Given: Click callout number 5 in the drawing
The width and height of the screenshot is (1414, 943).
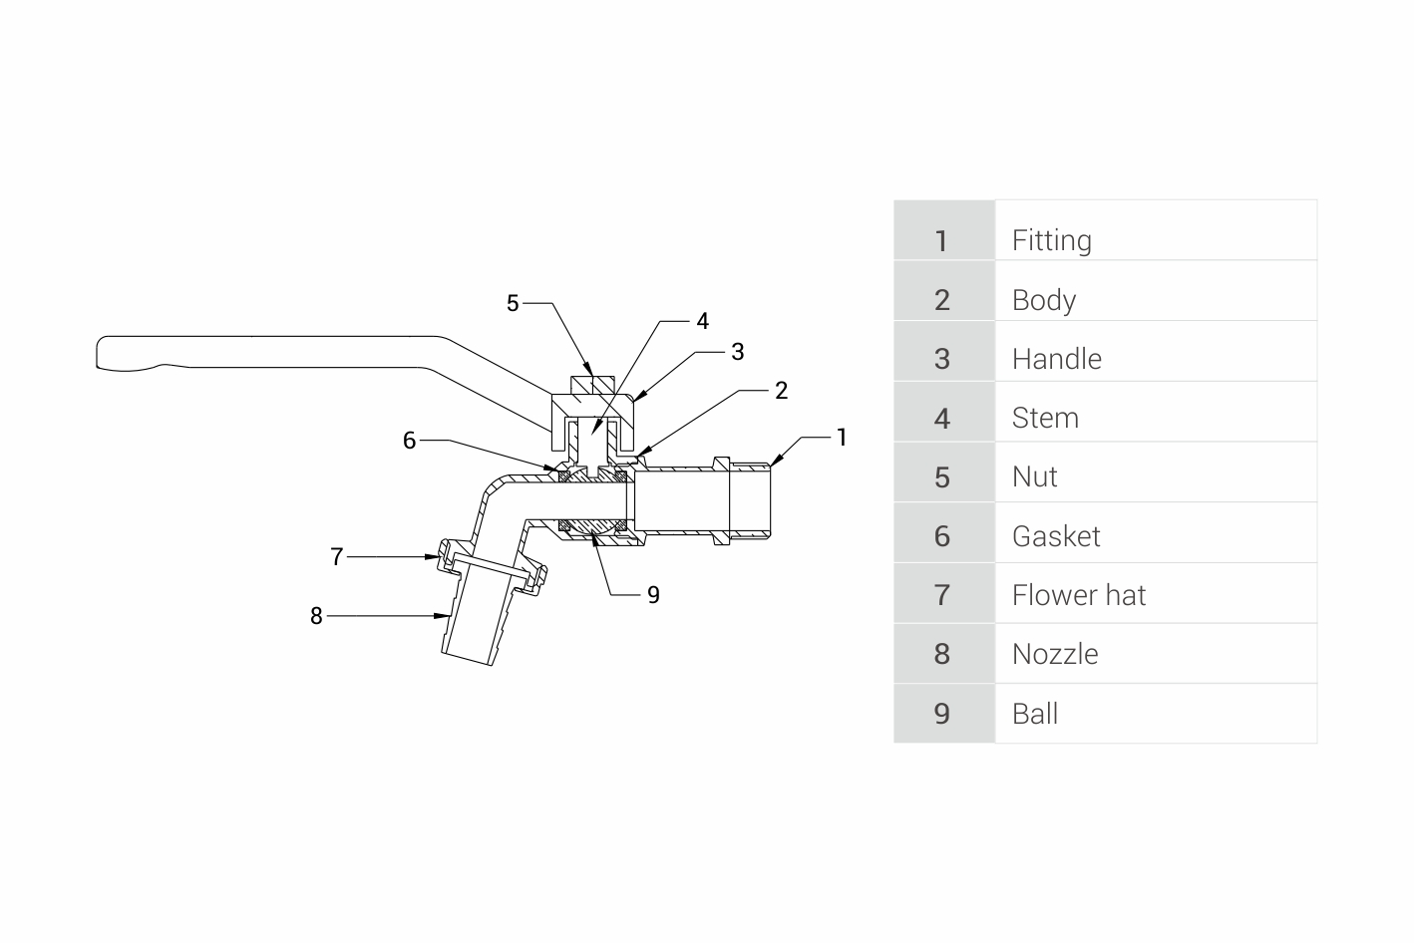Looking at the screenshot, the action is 513,304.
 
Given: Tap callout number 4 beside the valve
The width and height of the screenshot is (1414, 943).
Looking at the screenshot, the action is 703,321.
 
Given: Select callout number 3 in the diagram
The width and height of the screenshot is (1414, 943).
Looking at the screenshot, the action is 738,352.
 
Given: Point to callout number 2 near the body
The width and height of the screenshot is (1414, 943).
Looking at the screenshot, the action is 782,391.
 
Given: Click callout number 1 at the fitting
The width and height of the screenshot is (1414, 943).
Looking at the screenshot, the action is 842,438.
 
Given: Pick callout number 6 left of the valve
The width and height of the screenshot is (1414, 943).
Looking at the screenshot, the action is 410,441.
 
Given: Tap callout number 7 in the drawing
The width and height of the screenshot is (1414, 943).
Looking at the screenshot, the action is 337,556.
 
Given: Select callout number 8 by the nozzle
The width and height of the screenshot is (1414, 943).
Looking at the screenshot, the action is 316,616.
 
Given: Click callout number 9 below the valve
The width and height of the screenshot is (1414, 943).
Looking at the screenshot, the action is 654,594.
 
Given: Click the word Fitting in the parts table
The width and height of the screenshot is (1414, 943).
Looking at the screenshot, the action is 1052,240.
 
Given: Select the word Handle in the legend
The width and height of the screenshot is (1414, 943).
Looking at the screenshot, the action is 1057,359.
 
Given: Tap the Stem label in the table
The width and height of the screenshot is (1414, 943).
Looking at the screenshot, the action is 1045,418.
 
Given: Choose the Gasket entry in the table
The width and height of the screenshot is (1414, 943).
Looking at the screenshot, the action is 1056,536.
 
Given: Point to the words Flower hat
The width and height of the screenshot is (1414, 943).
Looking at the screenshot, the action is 1079,595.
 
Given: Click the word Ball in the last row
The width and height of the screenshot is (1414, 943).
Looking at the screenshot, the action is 1035,714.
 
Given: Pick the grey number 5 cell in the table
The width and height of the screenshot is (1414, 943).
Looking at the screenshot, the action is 944,472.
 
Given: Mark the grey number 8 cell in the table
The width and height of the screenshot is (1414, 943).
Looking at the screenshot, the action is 944,653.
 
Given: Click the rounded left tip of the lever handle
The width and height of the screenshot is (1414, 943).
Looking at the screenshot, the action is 97,352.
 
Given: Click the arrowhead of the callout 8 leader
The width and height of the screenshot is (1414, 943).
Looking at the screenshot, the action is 443,615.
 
